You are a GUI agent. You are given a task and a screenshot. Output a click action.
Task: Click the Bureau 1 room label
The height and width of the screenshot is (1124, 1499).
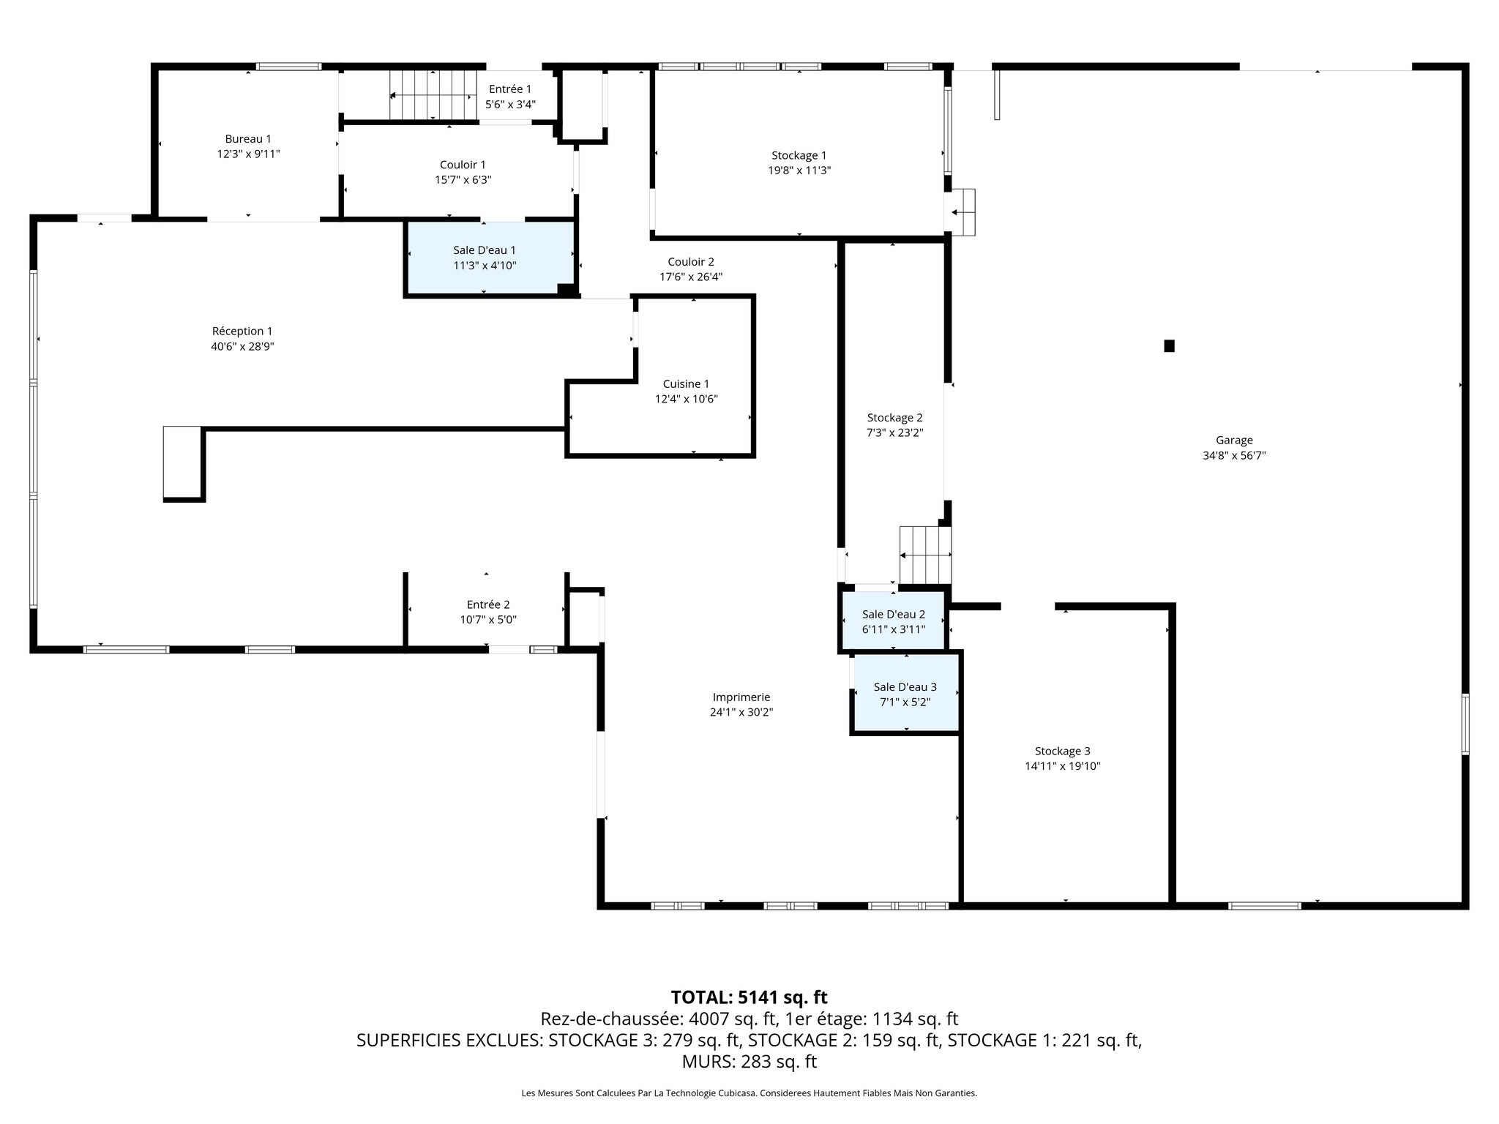point(248,139)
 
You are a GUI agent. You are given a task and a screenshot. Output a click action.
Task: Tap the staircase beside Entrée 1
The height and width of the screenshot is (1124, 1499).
point(433,95)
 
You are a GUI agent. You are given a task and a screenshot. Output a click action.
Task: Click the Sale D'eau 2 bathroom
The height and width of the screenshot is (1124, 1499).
point(893,621)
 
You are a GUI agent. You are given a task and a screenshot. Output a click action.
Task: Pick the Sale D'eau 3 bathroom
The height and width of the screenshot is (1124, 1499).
point(906,692)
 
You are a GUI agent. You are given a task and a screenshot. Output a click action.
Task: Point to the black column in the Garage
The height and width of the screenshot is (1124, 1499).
point(1169,346)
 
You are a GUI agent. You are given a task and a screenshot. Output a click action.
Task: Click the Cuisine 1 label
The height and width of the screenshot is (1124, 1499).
point(686,384)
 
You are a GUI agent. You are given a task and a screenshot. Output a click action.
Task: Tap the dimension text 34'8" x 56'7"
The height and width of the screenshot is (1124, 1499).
point(1234,455)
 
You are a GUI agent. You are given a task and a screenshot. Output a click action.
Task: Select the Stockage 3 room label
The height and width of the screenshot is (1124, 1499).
point(1062,751)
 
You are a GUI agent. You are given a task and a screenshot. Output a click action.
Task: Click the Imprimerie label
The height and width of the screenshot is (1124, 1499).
point(741,697)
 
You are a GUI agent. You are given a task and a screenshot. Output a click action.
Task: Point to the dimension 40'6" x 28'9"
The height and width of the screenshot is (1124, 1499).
point(242,347)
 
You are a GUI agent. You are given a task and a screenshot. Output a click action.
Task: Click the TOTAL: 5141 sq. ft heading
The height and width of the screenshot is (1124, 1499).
point(749,997)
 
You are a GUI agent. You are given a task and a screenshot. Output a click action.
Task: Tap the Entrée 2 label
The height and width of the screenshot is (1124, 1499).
point(488,604)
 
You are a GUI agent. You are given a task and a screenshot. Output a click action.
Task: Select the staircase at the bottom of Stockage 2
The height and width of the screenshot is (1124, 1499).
point(925,555)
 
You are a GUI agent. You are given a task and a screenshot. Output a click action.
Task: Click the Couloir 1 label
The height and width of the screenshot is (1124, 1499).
point(463,165)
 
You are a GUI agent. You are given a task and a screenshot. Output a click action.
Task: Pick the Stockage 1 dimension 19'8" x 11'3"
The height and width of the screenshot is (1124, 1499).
point(799,171)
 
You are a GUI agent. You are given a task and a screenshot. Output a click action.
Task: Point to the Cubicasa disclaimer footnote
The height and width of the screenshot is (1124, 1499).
point(749,1093)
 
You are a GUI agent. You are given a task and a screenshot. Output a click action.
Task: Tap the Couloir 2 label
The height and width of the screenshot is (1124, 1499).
point(691,262)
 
